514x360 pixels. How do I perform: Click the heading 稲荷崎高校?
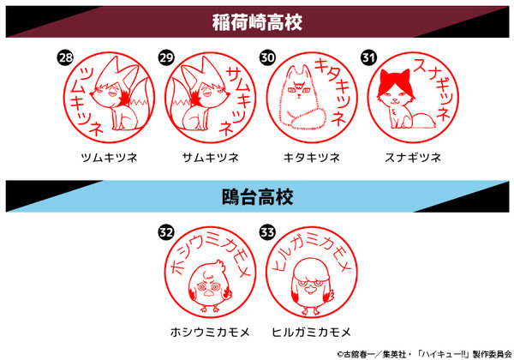click(x=257, y=21)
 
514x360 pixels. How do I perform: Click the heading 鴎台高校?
click(x=257, y=198)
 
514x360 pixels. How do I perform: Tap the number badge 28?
click(x=64, y=58)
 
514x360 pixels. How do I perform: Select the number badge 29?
click(x=166, y=58)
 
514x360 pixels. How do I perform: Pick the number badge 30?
click(x=267, y=58)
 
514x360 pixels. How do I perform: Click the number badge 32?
click(x=165, y=233)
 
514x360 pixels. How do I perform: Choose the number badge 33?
click(x=267, y=233)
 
